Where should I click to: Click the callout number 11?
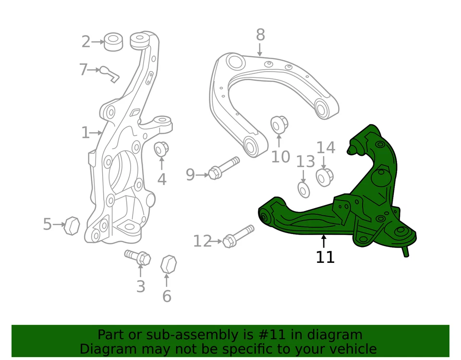pos(325,257)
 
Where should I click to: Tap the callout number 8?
pos(260,35)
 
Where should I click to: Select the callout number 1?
pos(85,133)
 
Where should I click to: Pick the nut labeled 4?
pos(161,149)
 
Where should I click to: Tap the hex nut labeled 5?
pos(72,225)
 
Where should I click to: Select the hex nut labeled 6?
pos(168,264)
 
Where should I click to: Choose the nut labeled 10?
pos(278,125)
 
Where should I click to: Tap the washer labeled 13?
pos(304,189)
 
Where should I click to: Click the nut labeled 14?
pos(325,177)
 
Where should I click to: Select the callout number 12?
pos(202,241)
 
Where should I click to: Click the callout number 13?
pos(305,162)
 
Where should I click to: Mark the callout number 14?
pos(326,148)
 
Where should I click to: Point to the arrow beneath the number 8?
pos(260,50)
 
